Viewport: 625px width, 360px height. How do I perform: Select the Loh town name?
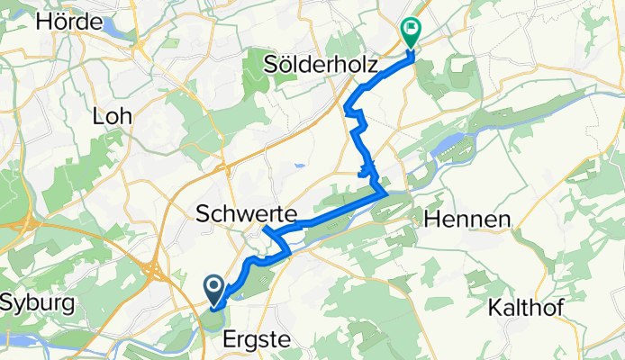tap(113, 115)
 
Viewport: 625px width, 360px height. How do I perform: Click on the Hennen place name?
tap(466, 219)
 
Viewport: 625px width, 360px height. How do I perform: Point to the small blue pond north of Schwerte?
tap(297, 165)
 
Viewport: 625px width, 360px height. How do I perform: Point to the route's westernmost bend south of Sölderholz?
tap(347, 110)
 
